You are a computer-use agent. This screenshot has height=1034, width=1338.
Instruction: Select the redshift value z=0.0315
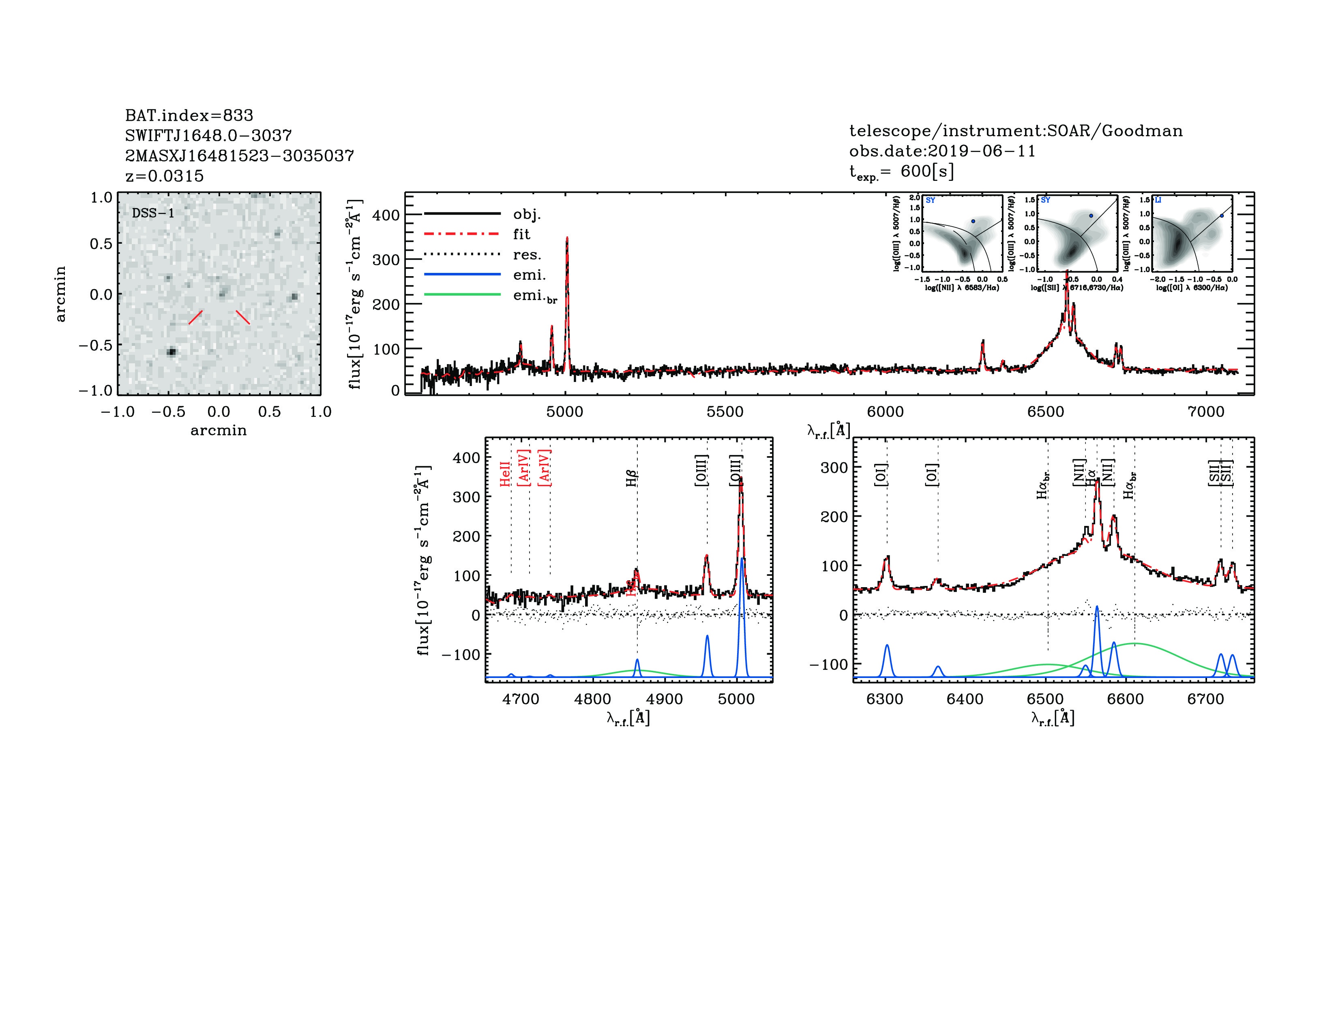pyautogui.click(x=164, y=176)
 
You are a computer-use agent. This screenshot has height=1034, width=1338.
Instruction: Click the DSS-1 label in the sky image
pyautogui.click(x=153, y=213)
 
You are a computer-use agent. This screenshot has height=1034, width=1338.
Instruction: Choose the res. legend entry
pyautogui.click(x=527, y=255)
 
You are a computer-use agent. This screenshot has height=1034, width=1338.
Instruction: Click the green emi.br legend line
pyautogui.click(x=463, y=295)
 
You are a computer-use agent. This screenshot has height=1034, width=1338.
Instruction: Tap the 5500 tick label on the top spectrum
pyautogui.click(x=725, y=412)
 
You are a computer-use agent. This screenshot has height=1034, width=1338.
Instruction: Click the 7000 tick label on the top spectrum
pyautogui.click(x=1206, y=412)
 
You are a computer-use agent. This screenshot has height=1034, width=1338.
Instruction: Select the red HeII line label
pyautogui.click(x=505, y=474)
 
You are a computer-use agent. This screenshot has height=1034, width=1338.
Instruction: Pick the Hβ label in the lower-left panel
pyautogui.click(x=632, y=478)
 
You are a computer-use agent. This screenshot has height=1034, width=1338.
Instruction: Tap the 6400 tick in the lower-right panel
pyautogui.click(x=965, y=699)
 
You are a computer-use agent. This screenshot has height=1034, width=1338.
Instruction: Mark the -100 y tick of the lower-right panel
pyautogui.click(x=828, y=665)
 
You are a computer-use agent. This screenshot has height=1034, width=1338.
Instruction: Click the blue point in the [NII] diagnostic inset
pyautogui.click(x=973, y=221)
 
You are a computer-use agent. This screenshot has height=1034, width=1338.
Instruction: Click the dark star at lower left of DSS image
pyautogui.click(x=172, y=352)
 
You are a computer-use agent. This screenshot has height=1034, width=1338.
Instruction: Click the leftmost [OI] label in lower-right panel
pyautogui.click(x=880, y=475)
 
